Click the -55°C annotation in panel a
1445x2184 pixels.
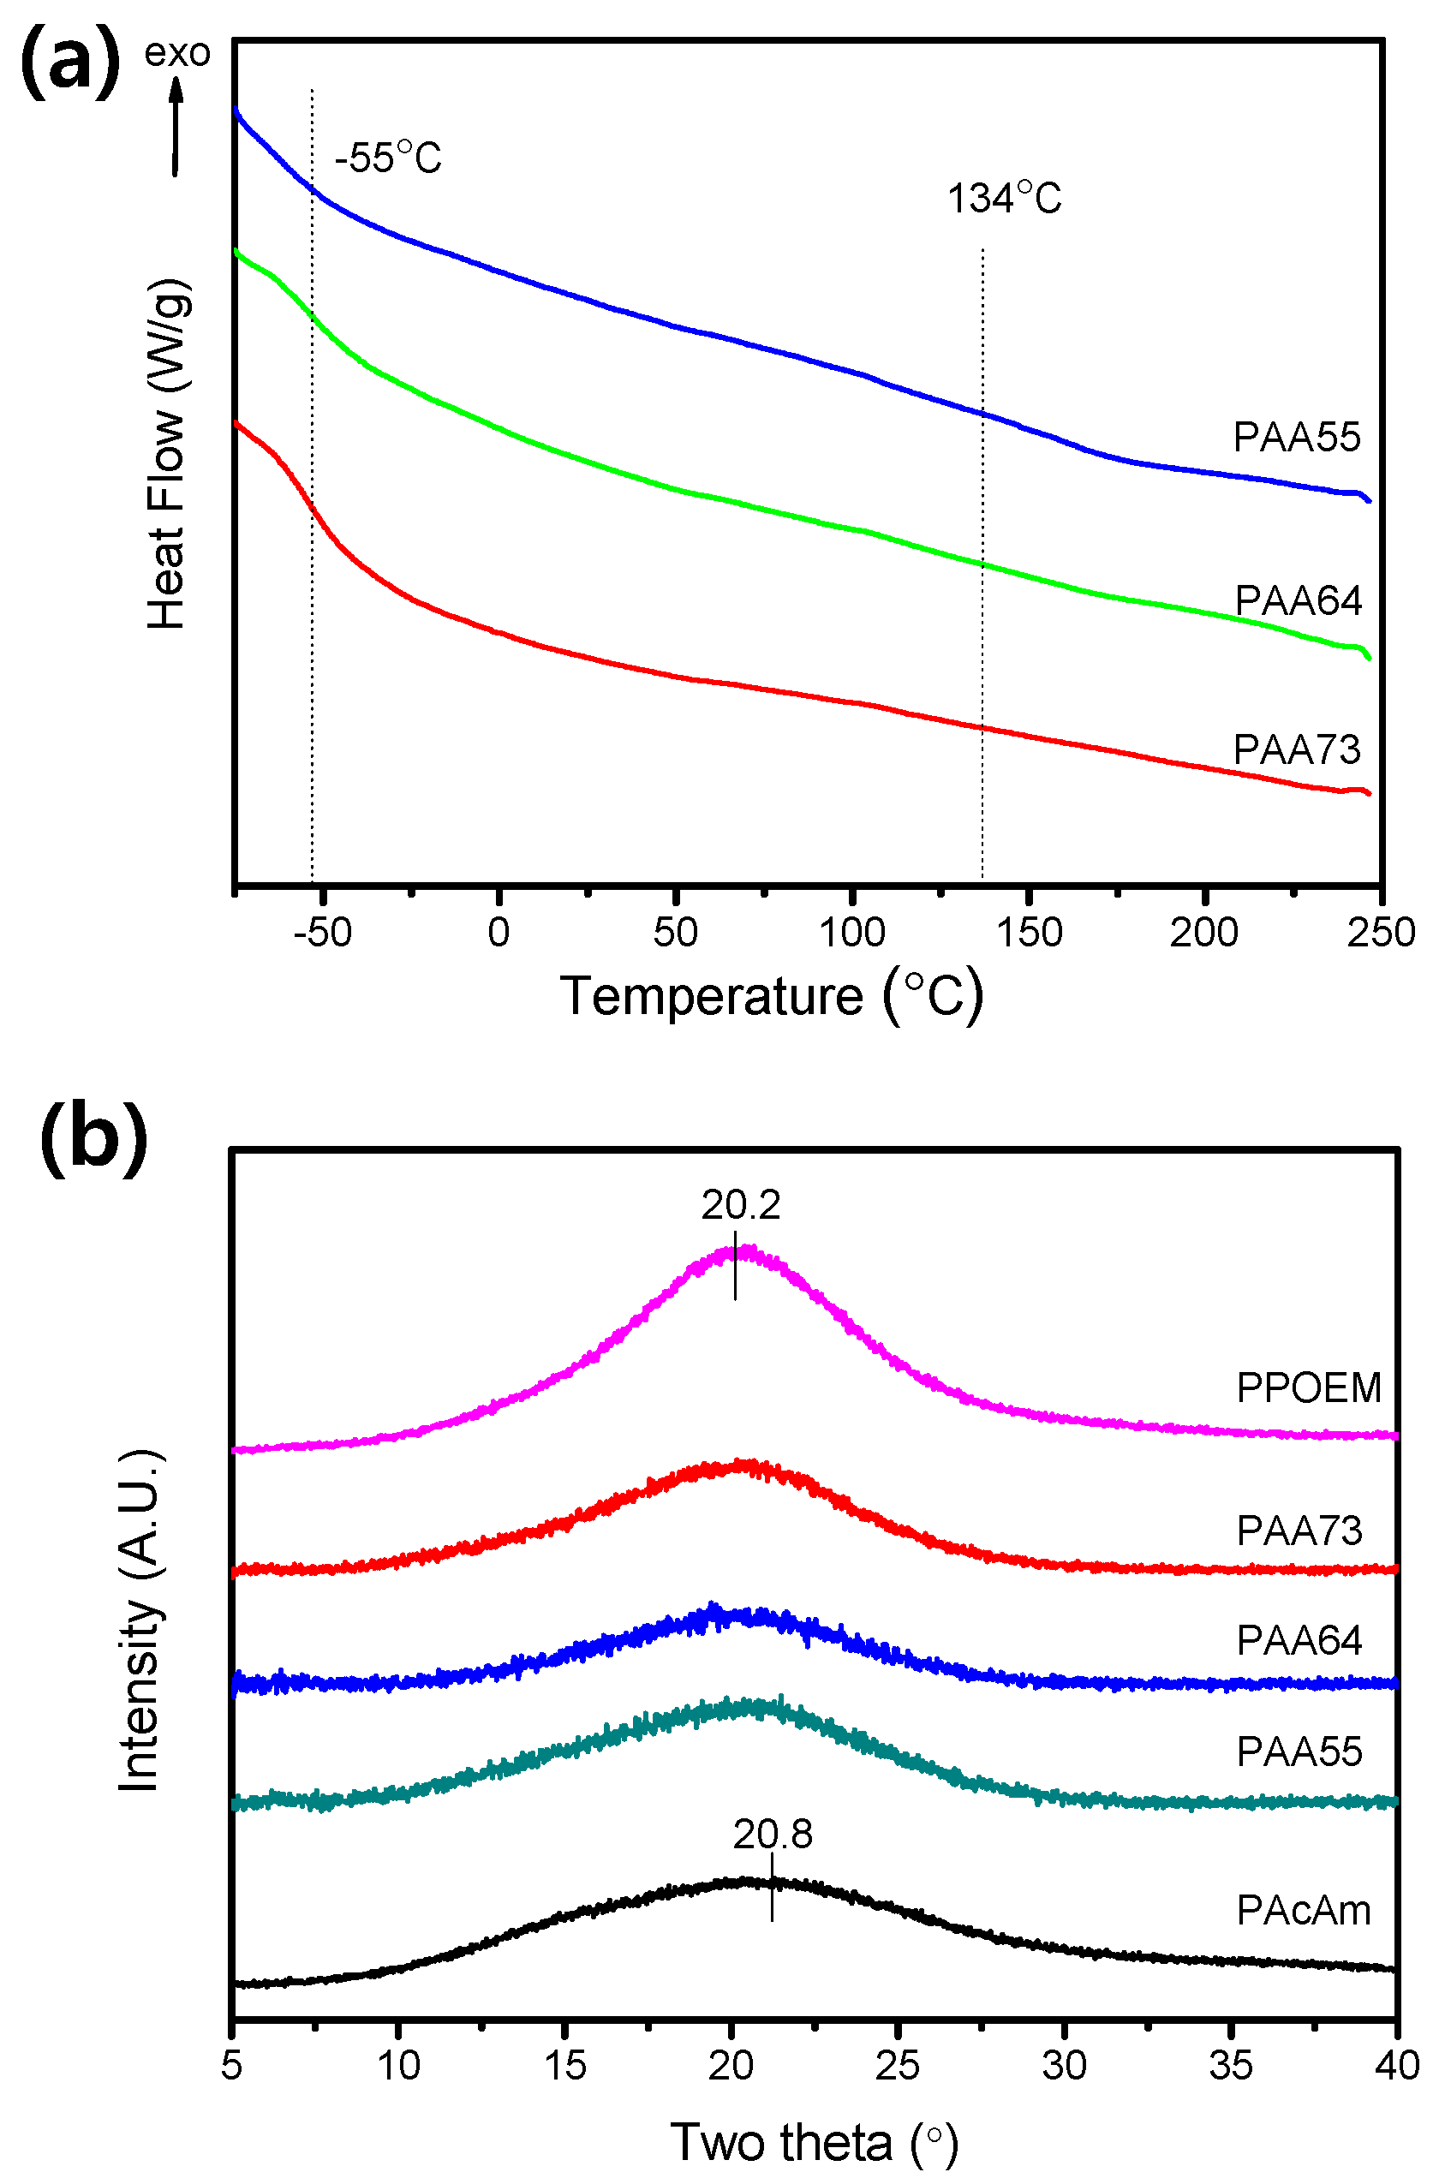click(x=388, y=158)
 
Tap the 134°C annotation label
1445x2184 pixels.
click(x=1005, y=198)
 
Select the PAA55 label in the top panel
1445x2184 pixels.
click(x=1296, y=437)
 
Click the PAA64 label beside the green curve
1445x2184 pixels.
click(x=1298, y=601)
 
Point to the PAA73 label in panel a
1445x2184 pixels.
click(x=1296, y=749)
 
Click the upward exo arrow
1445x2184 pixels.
click(x=175, y=125)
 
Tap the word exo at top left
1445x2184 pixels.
click(x=177, y=52)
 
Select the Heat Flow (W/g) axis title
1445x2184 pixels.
click(x=168, y=453)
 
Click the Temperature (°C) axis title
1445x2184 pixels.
click(x=773, y=996)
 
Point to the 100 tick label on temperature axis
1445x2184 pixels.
click(x=851, y=933)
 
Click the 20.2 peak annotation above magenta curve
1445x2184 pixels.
click(x=740, y=1205)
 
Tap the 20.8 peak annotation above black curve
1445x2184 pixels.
click(x=773, y=1835)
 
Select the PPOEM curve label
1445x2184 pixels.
click(x=1309, y=1387)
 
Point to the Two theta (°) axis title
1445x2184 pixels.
click(x=814, y=2142)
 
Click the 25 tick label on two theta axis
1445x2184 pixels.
click(x=897, y=2066)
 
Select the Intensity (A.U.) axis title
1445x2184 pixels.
click(x=140, y=1621)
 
